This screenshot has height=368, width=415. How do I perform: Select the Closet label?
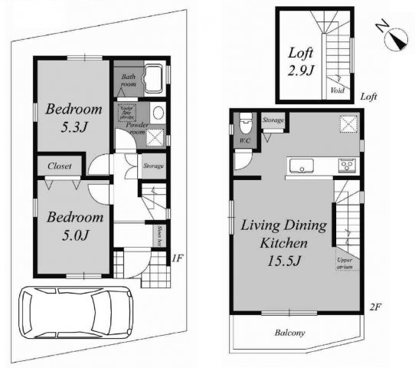tap(60, 165)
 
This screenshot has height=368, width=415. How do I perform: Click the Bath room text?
tap(126, 80)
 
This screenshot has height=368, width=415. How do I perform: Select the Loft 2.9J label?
tap(301, 61)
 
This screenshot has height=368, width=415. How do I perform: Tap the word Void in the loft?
tap(338, 89)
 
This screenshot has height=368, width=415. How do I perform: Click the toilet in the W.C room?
tap(245, 123)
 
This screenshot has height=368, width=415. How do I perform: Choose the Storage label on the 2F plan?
tap(273, 120)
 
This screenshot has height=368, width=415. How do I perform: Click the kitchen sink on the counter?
tap(299, 166)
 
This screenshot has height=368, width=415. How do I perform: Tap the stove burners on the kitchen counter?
tap(345, 166)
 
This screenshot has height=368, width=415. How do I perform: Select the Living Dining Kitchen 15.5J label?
tap(284, 242)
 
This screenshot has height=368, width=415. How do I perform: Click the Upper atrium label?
tap(345, 262)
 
